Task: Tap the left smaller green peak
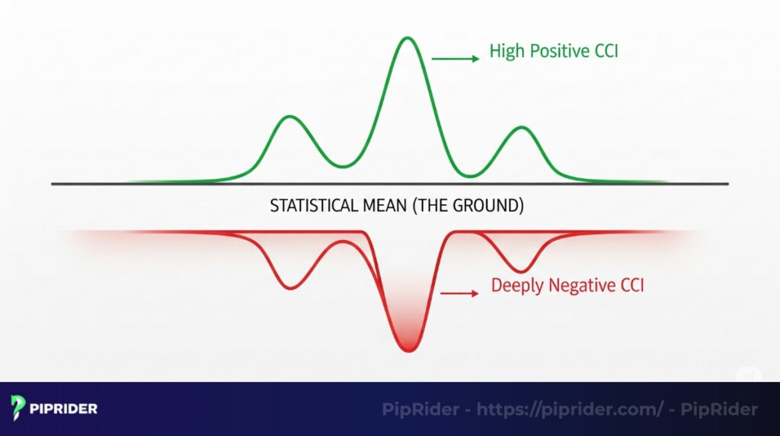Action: point(289,117)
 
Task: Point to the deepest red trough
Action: point(408,349)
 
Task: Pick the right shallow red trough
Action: point(519,271)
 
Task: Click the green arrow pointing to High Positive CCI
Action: point(456,57)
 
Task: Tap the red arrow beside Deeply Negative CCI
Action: point(459,292)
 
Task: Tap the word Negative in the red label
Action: point(577,287)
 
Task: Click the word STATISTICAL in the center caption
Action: point(310,206)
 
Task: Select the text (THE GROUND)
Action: point(464,206)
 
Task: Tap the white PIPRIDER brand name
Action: point(63,409)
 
